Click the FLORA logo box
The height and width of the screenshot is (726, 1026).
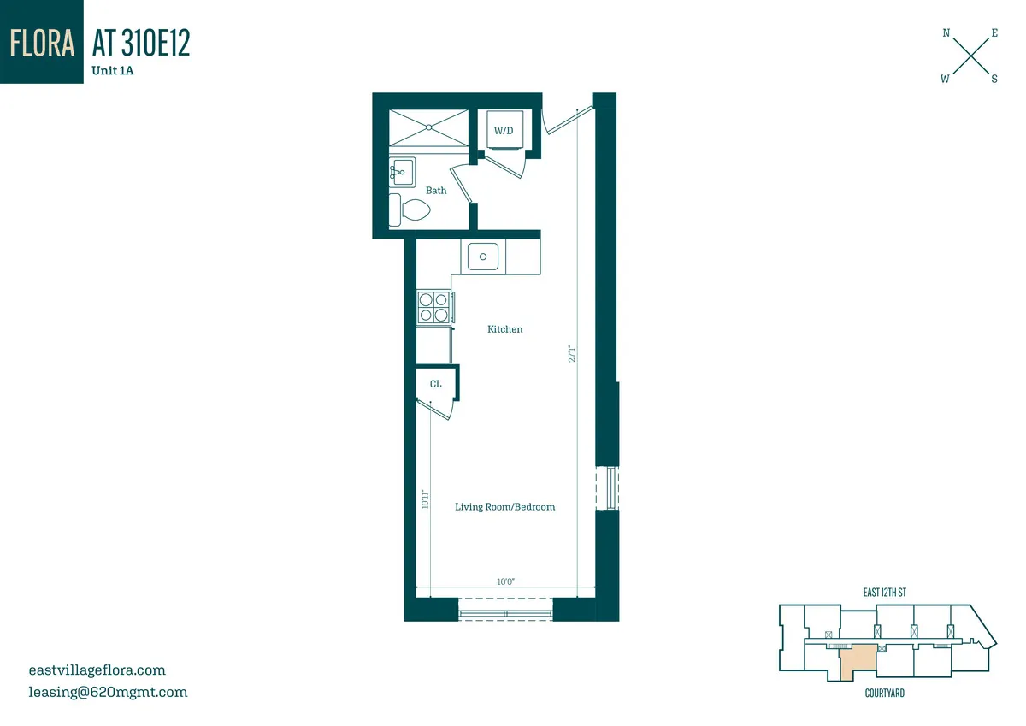pyautogui.click(x=42, y=42)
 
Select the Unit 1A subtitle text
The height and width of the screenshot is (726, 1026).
pyautogui.click(x=113, y=72)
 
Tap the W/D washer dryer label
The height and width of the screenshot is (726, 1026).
pyautogui.click(x=503, y=131)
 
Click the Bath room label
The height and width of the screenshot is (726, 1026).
pyautogui.click(x=436, y=191)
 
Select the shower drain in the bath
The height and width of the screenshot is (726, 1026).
pyautogui.click(x=428, y=127)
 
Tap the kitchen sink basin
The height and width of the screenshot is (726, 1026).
pyautogui.click(x=483, y=256)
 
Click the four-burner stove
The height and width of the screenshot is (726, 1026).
pyautogui.click(x=433, y=307)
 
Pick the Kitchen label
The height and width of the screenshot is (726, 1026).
pyautogui.click(x=504, y=329)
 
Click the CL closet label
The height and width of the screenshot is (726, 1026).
pyautogui.click(x=436, y=384)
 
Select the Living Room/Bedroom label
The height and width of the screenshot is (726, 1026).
pyautogui.click(x=504, y=507)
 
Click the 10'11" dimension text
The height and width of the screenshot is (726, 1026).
pyautogui.click(x=425, y=499)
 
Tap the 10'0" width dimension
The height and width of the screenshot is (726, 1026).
pyautogui.click(x=505, y=581)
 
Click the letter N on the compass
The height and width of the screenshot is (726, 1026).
pyautogui.click(x=946, y=33)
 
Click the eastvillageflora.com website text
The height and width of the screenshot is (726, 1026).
pyautogui.click(x=97, y=670)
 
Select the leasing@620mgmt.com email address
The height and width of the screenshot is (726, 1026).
pyautogui.click(x=108, y=692)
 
